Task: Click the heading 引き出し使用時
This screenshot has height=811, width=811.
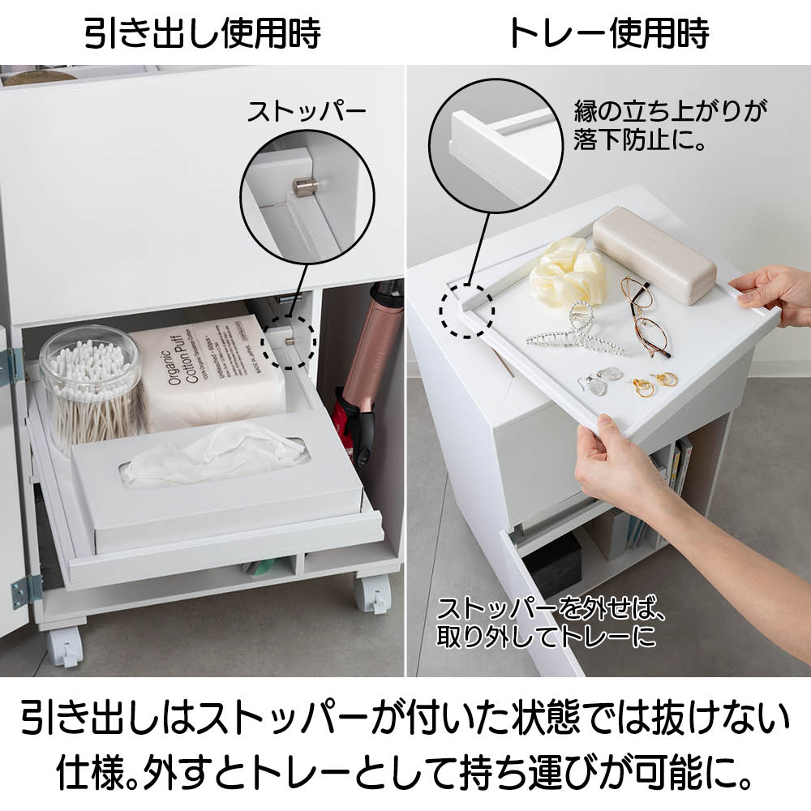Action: click(203, 33)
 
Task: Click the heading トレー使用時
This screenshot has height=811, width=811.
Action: click(609, 33)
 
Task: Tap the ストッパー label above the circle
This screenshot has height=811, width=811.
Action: click(307, 111)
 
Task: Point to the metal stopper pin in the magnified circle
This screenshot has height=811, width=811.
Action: click(303, 187)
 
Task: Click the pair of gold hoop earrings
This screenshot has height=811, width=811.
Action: click(654, 384)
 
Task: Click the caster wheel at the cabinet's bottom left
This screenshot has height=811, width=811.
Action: click(65, 646)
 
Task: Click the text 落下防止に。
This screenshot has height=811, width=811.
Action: click(639, 139)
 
